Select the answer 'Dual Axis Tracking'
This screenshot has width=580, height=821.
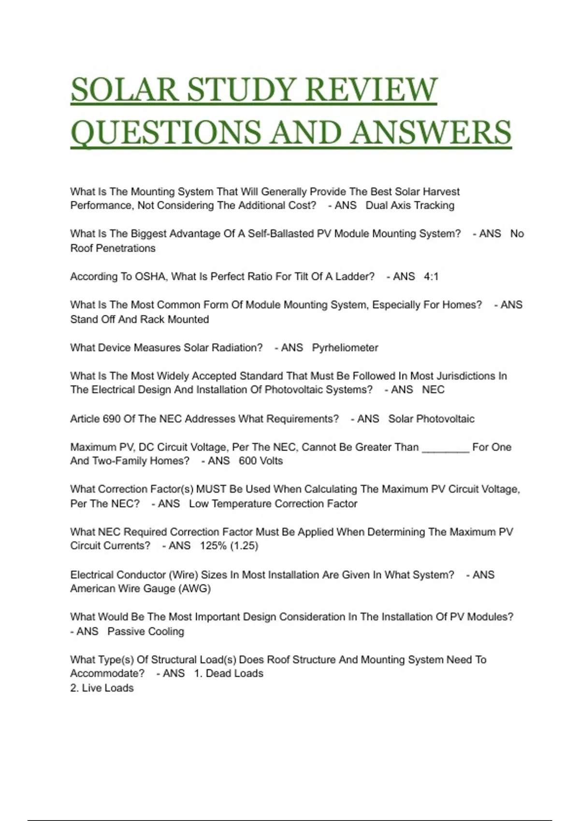(410, 206)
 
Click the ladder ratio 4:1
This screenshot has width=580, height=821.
(431, 277)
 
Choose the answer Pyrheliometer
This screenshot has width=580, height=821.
(345, 348)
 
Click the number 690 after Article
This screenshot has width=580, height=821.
(112, 419)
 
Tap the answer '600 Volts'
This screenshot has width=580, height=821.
(261, 461)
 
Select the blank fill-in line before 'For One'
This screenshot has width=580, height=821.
(445, 448)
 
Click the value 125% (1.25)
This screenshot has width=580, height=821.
(229, 546)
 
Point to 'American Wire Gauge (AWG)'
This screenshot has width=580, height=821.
(141, 589)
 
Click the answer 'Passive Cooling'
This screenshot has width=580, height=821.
(145, 632)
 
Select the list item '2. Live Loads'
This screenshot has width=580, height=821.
(102, 688)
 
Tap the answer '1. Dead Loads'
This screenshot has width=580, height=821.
(229, 674)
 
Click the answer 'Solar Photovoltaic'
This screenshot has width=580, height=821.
(431, 419)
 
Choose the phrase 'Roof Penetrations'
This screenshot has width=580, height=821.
(113, 248)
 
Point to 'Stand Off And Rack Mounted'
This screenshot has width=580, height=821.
(140, 320)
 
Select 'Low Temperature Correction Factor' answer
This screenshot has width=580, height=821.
(273, 504)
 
